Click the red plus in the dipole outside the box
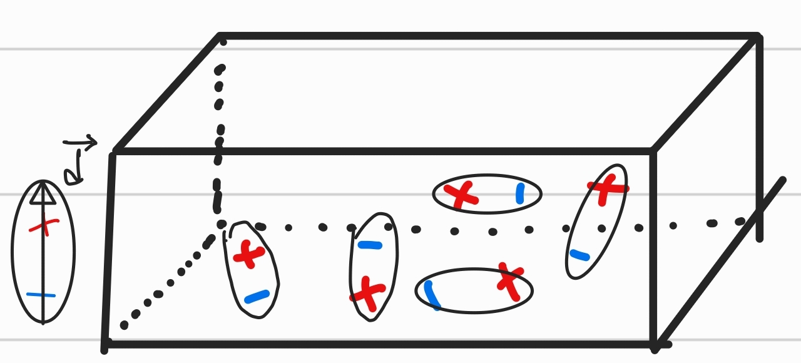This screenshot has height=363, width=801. [x=43, y=226]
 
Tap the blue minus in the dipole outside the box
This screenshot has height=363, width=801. [x=41, y=294]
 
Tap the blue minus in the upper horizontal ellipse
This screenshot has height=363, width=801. [x=519, y=193]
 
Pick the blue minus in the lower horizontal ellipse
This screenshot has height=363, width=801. [x=431, y=295]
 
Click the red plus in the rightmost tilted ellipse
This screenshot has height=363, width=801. [x=606, y=187]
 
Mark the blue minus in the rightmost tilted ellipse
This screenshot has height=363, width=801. [x=579, y=255]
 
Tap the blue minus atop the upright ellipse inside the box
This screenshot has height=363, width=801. [x=369, y=245]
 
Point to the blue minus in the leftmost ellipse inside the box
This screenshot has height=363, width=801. [x=257, y=296]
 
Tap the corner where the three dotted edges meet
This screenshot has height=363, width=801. [x=221, y=224]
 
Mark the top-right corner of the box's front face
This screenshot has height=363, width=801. [x=653, y=151]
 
